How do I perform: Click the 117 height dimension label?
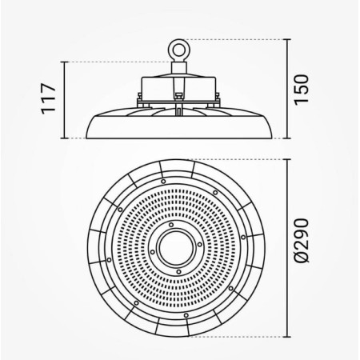[x=49, y=99]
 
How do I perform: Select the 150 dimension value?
[x=301, y=90]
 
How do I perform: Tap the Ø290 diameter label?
[x=302, y=241]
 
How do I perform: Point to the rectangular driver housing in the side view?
[x=178, y=87]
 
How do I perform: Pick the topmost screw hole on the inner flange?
[x=171, y=225]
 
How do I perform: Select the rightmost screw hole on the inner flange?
[x=200, y=245]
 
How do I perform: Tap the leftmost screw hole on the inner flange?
[x=152, y=252]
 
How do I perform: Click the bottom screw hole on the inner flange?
[x=178, y=272]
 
